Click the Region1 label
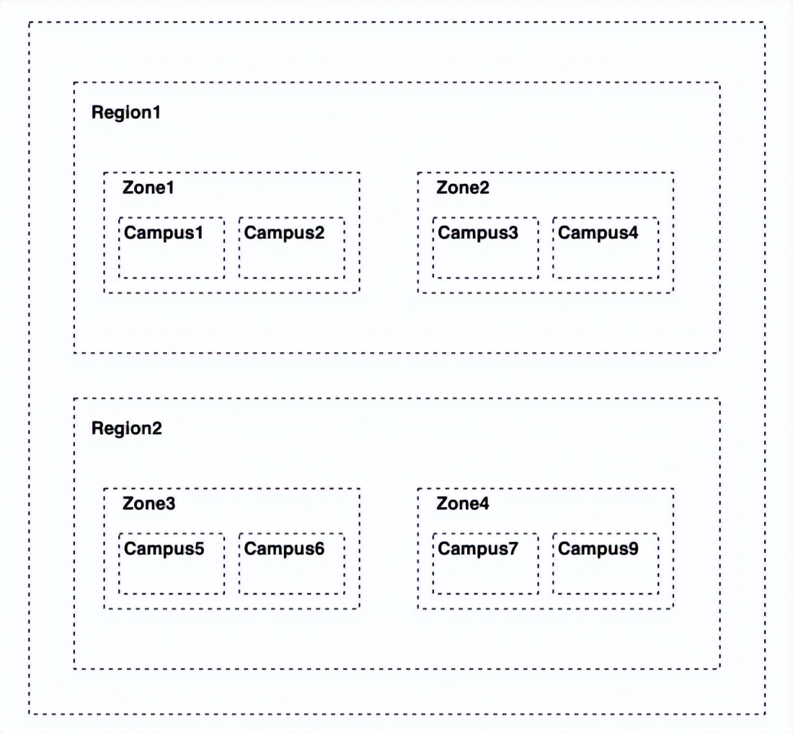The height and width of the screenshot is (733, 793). (126, 113)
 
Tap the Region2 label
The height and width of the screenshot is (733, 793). (126, 429)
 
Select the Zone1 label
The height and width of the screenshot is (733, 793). (149, 188)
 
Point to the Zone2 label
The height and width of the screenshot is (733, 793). (463, 188)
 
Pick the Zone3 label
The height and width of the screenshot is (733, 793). (149, 504)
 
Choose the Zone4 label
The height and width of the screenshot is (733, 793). (463, 504)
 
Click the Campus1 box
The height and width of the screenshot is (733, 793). (172, 278)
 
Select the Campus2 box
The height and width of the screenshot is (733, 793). (292, 278)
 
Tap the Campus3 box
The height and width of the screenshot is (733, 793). (485, 278)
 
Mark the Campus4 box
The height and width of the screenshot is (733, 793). (606, 278)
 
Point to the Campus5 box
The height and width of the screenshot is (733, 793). (172, 593)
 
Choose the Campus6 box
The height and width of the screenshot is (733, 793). (292, 593)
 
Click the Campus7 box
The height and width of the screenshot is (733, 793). (485, 593)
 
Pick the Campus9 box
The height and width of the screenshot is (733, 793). (606, 593)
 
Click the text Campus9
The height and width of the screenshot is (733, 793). (598, 549)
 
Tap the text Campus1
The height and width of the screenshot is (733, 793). (164, 233)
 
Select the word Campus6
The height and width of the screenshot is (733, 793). (284, 549)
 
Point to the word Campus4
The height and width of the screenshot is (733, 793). (598, 233)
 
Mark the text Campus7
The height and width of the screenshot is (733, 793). (478, 549)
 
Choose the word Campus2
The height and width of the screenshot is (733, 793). (284, 233)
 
